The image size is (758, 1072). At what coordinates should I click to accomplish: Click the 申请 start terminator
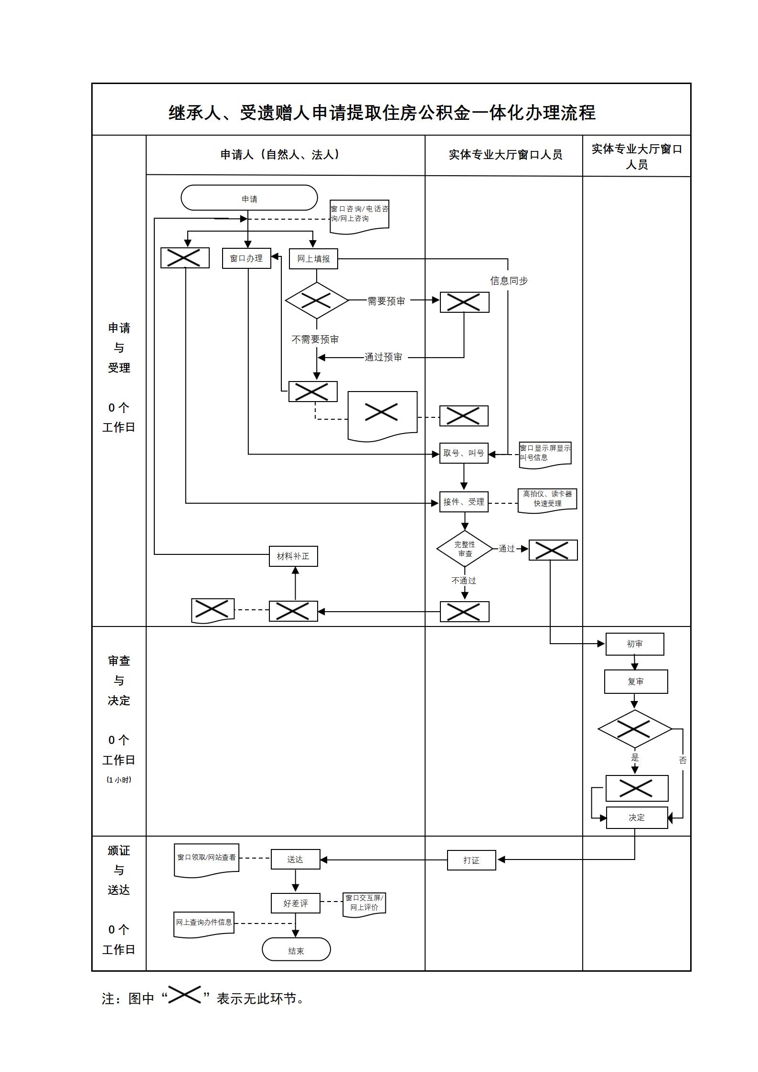pos(249,198)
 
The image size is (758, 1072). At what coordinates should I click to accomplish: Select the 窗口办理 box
pos(246,258)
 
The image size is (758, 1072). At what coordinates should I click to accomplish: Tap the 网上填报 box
pos(313,259)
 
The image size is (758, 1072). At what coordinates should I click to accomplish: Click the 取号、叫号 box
pos(463,453)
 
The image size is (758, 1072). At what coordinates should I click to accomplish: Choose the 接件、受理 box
pos(463,502)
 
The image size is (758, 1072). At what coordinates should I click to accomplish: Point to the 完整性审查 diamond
pos(465,549)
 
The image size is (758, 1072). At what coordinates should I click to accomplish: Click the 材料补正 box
pos(293,556)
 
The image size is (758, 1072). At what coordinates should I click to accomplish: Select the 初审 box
pos(634,644)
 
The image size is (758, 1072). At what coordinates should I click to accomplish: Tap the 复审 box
pos(636,681)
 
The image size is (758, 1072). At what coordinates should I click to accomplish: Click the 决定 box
pos(637,817)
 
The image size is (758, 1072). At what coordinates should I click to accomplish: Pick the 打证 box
pos(471,860)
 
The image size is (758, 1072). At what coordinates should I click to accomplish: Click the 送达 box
pos(295,860)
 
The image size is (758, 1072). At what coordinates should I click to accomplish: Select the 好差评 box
pos(295,903)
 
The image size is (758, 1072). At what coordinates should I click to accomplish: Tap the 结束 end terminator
pos(296,951)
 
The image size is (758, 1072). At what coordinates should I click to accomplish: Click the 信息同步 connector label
pos(509,281)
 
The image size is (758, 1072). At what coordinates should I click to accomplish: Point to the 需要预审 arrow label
pos(386,301)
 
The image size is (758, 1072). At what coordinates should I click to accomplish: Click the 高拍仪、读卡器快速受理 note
pos(547,499)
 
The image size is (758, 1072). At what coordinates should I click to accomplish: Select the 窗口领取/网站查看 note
pos(206,858)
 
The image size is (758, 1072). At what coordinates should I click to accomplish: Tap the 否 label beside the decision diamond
pos(683,760)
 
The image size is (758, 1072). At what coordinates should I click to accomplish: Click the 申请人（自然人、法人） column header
pos(281,155)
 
